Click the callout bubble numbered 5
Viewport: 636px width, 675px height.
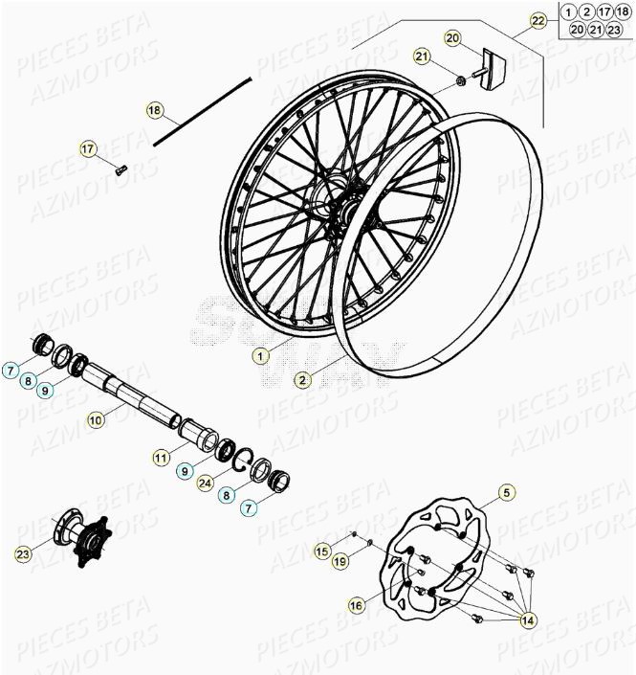pos(506,494)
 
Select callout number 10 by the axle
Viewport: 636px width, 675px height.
pos(95,418)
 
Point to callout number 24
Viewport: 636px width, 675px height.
pos(205,484)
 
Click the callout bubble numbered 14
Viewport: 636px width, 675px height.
pos(527,620)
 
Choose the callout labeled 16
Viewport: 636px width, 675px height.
pos(356,604)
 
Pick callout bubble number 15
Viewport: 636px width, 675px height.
pos(322,551)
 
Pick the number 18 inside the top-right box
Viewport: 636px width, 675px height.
pos(622,11)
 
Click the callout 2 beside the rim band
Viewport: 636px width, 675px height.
pos(302,380)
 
